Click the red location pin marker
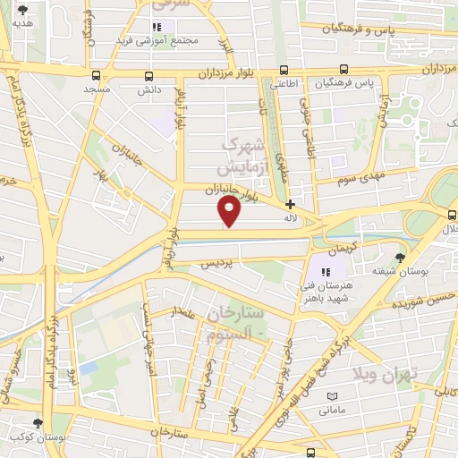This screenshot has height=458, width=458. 230,210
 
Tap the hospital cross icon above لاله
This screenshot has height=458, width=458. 290,204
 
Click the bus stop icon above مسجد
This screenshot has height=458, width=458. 97,76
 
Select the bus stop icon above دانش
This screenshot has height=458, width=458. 148,76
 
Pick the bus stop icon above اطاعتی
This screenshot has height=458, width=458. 284,70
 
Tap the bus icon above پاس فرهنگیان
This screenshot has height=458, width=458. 343,70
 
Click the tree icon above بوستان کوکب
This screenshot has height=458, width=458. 37,423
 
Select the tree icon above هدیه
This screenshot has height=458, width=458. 22,13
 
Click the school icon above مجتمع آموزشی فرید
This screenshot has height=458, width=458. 157,28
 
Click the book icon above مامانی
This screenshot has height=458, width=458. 332,396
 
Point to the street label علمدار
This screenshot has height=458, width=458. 182,312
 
